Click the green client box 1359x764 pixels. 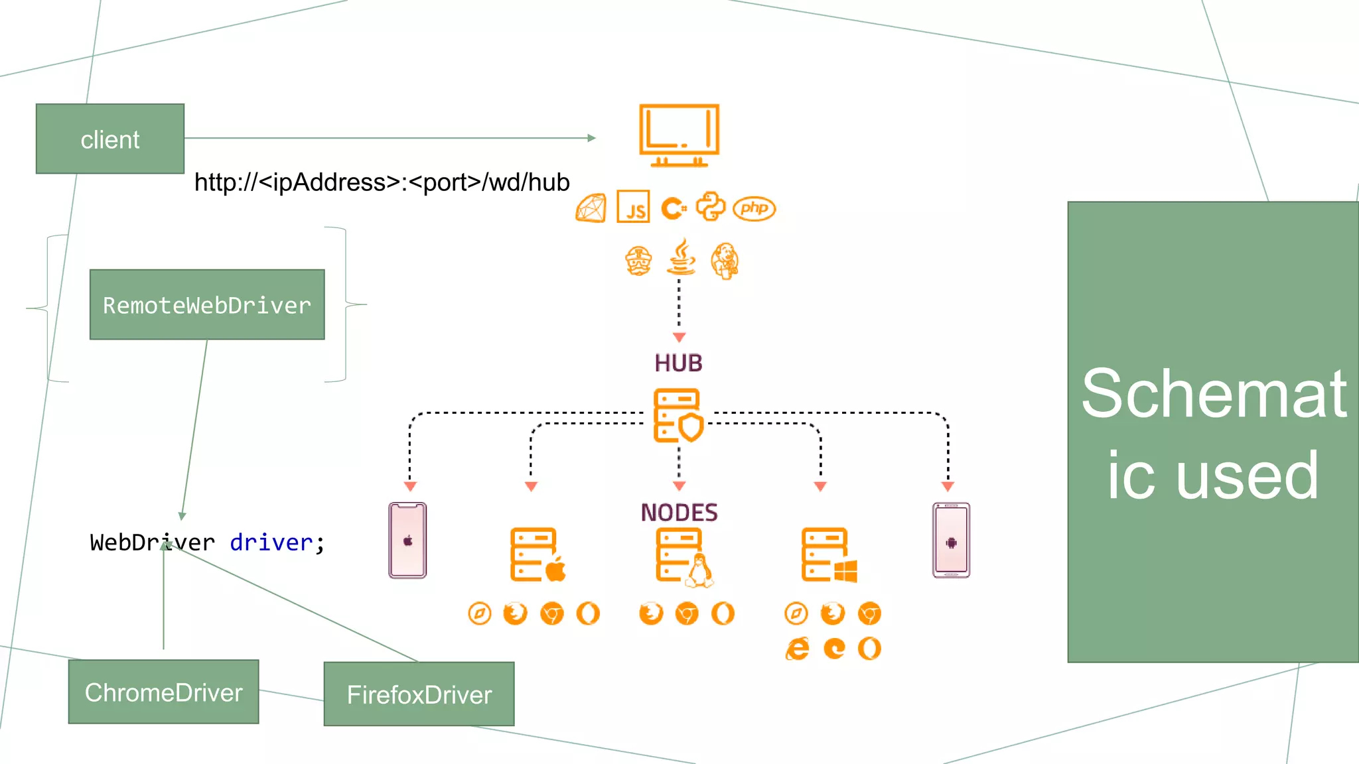[x=110, y=139]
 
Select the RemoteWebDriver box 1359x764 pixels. [x=207, y=304]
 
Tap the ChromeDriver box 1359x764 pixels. [x=163, y=692]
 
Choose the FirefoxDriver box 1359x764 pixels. [x=419, y=694]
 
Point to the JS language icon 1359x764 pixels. [x=633, y=208]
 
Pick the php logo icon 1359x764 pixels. [x=754, y=208]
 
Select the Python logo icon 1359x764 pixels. [x=710, y=207]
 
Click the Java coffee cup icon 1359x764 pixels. [x=681, y=258]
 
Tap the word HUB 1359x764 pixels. [x=678, y=363]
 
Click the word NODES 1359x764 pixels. [x=679, y=513]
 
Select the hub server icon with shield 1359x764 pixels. [x=678, y=416]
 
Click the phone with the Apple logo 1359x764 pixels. [x=407, y=541]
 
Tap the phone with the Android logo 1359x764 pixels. [x=951, y=541]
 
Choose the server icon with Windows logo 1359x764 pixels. [x=828, y=556]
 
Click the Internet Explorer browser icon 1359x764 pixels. [x=797, y=648]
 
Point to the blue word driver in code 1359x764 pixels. [x=271, y=542]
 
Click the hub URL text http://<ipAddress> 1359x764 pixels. [x=382, y=182]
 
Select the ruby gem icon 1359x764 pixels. [x=591, y=208]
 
